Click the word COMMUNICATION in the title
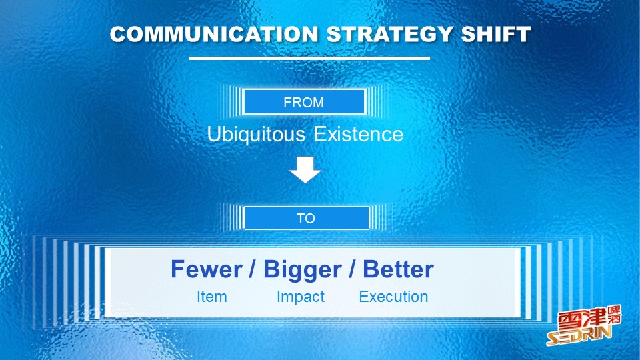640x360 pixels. (x=214, y=34)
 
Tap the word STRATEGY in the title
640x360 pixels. (x=389, y=34)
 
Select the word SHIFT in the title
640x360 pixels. (x=496, y=34)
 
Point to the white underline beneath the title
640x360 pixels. (x=309, y=59)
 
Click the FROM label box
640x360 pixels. (x=304, y=101)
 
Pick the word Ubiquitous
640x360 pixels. (x=256, y=135)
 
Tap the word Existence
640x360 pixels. (x=359, y=135)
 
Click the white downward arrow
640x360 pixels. (x=305, y=169)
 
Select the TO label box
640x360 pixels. (x=307, y=218)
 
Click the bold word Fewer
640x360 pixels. (x=207, y=269)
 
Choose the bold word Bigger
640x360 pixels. (x=303, y=270)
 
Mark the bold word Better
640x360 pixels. (x=398, y=269)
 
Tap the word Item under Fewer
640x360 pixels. (x=212, y=297)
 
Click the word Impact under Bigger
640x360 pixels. (x=301, y=297)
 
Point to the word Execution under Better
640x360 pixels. (x=393, y=297)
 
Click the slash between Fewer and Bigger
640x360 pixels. (x=253, y=270)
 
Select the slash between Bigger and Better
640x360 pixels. (x=352, y=270)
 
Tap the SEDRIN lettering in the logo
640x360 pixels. (x=579, y=336)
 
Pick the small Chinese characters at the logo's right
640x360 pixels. (x=614, y=315)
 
